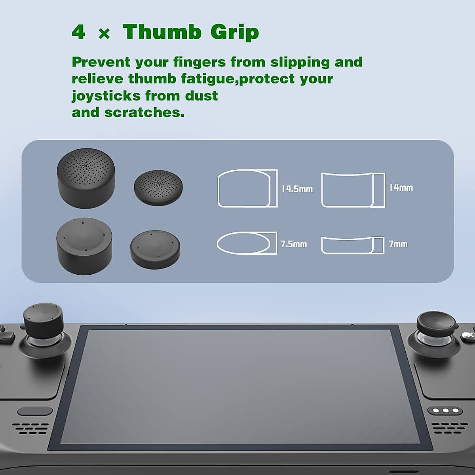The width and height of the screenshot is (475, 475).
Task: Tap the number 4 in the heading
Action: (78, 32)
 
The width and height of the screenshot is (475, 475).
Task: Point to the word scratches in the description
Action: (144, 112)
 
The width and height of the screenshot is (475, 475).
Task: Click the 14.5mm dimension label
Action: (297, 189)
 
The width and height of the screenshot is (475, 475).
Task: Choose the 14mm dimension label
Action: (401, 188)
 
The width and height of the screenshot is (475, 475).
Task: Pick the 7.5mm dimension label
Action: (294, 244)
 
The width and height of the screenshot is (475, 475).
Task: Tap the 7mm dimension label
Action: (398, 244)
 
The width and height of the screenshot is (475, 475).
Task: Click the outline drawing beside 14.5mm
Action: (247, 188)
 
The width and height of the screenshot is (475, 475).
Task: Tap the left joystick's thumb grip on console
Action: (41, 320)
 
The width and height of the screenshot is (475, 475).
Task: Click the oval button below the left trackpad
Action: (35, 411)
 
